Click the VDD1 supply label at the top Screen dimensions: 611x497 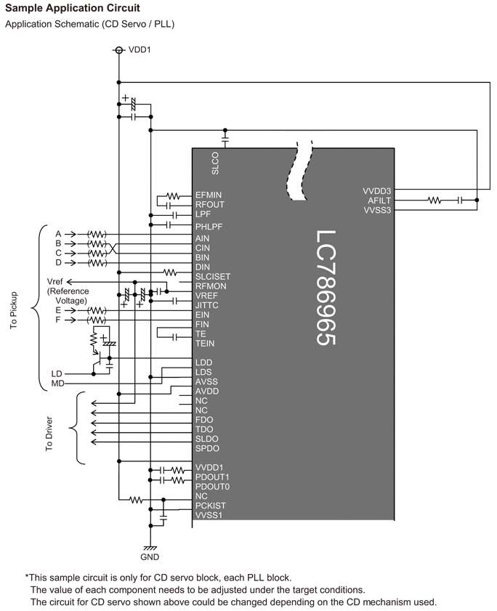[140, 50]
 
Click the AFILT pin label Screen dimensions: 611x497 [379, 201]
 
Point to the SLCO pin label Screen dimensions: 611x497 [215, 163]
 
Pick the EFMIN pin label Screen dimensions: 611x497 [209, 195]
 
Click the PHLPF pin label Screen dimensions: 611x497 [209, 227]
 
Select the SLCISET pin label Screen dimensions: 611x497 [213, 277]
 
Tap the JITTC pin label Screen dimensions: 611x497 [207, 305]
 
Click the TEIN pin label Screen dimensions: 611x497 [205, 343]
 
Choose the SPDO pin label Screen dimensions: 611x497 [207, 448]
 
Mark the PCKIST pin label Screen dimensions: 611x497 [210, 506]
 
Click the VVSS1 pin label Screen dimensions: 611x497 [209, 515]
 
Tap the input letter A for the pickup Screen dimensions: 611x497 [58, 234]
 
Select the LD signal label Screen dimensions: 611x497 [57, 373]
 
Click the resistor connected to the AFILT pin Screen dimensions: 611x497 [435, 201]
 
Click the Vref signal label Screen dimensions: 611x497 [55, 281]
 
